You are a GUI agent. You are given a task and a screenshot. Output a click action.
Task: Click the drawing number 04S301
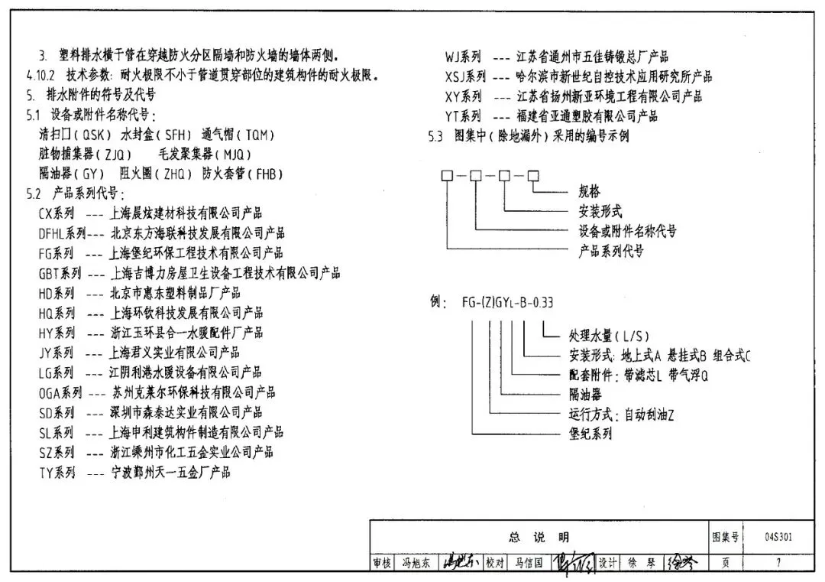pos(778,537)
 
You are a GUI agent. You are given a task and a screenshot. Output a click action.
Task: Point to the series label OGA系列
pos(60,393)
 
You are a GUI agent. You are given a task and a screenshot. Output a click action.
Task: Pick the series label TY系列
pos(57,473)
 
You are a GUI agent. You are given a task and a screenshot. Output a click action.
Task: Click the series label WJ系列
pos(463,57)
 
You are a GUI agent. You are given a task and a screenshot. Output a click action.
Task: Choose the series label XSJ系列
pos(465,76)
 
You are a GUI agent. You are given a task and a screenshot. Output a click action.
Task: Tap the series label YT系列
pos(463,116)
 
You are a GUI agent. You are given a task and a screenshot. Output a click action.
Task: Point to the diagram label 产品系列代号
pos(611,251)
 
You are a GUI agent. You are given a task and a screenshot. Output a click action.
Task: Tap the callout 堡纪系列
pos(590,434)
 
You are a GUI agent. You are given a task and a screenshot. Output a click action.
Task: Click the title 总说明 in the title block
pos(539,537)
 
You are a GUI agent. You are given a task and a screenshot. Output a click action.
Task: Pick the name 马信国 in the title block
pos(528,563)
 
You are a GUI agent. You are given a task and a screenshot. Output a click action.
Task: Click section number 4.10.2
pos(40,76)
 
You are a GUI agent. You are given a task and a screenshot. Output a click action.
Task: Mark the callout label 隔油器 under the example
pos(585,395)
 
